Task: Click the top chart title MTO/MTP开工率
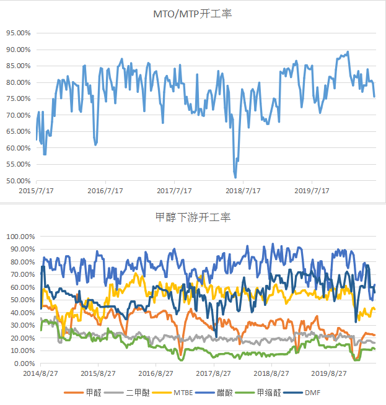193,14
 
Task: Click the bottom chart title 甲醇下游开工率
193,217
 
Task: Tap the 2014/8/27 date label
42,373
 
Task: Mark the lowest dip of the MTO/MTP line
235,178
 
